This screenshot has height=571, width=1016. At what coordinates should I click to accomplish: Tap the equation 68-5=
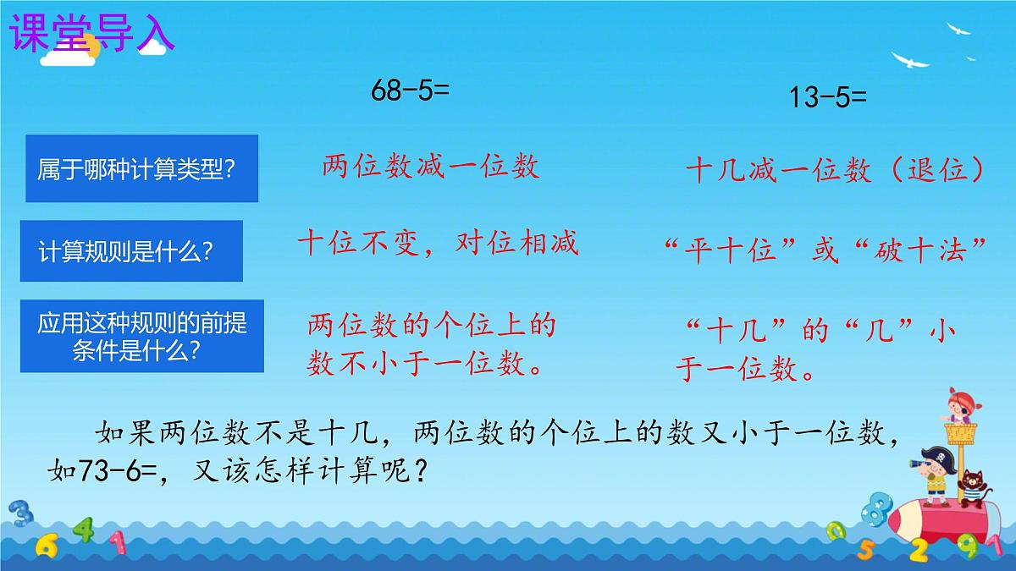pos(410,91)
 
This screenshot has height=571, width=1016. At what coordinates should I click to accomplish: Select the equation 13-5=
pos(828,97)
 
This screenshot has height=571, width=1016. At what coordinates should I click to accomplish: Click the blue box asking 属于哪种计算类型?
pos(142,168)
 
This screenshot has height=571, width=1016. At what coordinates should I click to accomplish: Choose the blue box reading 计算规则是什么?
pos(134,250)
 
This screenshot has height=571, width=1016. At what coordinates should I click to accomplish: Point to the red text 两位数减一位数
pos(430,167)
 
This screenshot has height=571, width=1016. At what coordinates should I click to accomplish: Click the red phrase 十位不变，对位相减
pos(438,244)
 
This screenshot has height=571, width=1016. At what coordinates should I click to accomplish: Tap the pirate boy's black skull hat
pos(937,457)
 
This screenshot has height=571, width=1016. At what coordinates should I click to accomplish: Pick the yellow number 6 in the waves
pos(47,546)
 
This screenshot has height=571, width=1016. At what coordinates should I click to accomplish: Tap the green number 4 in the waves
pos(83,531)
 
